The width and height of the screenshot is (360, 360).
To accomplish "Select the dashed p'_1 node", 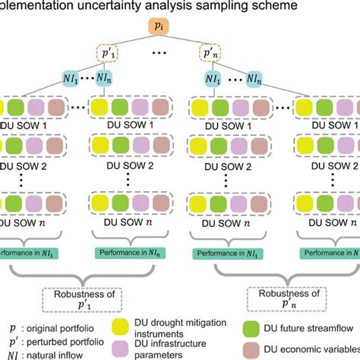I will pyautogui.click(x=108, y=55).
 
